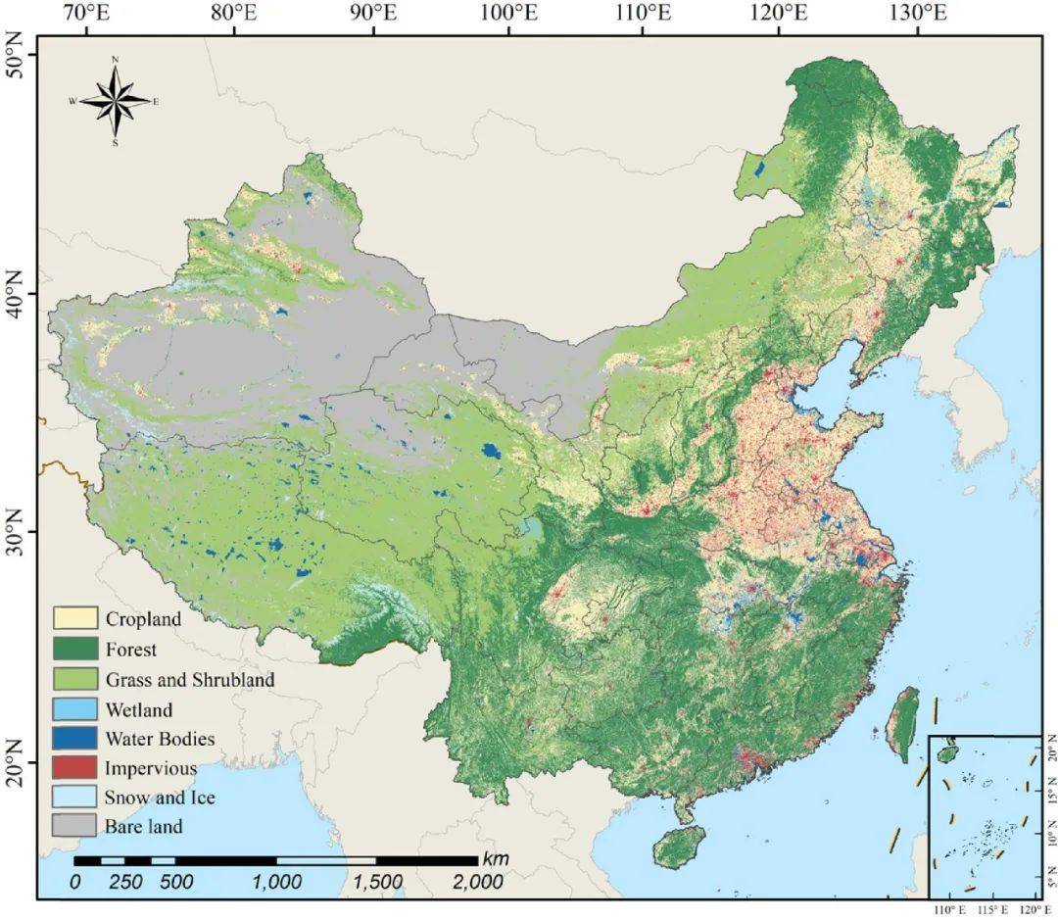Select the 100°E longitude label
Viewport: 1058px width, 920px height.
508,14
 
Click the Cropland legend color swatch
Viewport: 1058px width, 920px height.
74,618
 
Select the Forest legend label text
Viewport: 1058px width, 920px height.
131,649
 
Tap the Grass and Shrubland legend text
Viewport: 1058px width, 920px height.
190,679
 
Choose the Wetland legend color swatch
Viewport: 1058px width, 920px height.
74,708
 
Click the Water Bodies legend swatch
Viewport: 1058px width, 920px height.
74,738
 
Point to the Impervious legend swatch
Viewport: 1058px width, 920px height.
74,767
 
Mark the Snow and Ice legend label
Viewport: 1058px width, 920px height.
160,798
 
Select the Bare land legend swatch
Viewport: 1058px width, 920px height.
74,826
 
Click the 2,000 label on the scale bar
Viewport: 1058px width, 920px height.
478,882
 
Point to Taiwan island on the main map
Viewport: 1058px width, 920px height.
903,723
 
